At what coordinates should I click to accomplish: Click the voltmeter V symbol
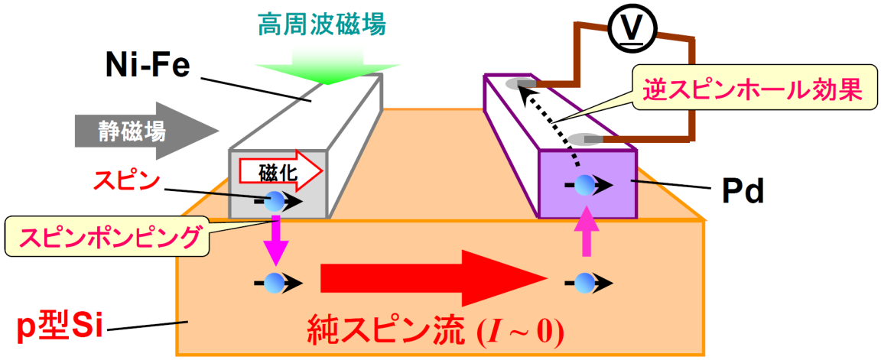click(x=629, y=28)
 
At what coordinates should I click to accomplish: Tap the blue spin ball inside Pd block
click(x=585, y=184)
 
